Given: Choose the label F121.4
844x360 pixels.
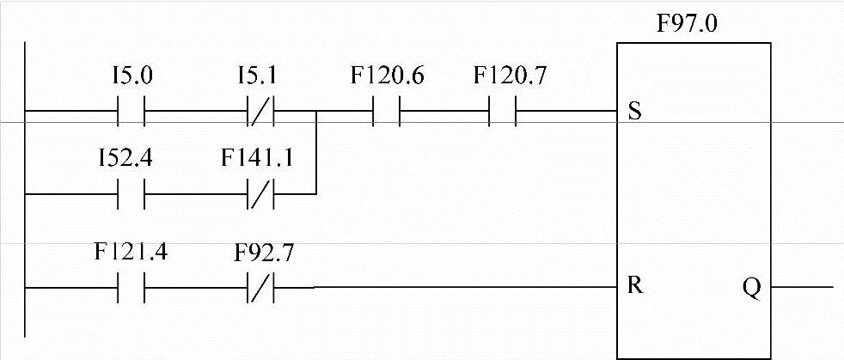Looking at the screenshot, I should click(131, 254).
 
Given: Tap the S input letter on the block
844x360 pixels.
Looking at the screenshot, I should click(635, 113).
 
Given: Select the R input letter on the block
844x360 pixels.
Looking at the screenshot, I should click(635, 286).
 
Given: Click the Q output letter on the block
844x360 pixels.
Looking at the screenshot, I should click(750, 286).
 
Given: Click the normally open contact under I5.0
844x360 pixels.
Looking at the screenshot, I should click(131, 111).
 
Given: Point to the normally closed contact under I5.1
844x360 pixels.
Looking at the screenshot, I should click(260, 111).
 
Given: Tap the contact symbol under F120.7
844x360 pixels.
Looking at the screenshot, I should click(503, 111).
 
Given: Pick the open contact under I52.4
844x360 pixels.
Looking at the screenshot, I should click(131, 194).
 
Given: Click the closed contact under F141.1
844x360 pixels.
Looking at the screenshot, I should click(260, 194).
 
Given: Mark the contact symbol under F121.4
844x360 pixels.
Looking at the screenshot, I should click(131, 286).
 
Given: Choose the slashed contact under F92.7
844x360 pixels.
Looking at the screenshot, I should click(260, 286).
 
